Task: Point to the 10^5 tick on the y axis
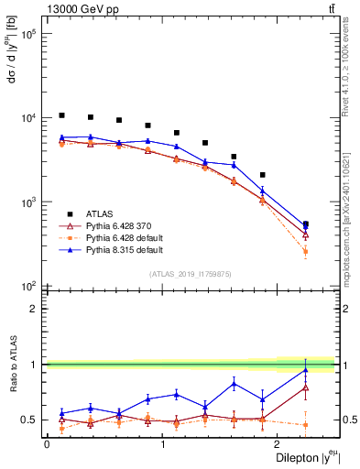click(27, 34)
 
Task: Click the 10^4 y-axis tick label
click(27, 118)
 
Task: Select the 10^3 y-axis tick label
click(27, 202)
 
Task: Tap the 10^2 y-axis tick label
click(27, 286)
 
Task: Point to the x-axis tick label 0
click(46, 443)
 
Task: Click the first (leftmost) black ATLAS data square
click(61, 115)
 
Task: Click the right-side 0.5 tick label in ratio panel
click(347, 420)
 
